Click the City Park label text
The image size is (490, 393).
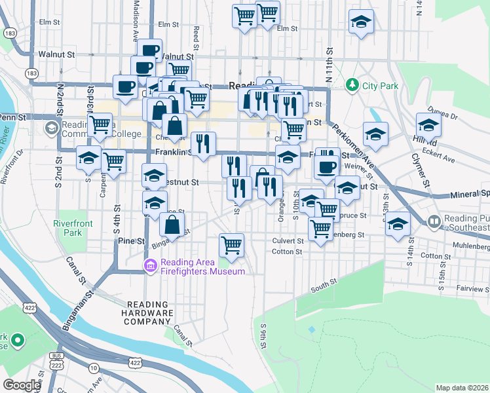pos(380,85)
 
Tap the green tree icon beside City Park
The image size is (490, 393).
pos(352,85)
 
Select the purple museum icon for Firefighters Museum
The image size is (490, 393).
pos(151,266)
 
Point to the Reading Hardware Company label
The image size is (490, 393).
pos(149,312)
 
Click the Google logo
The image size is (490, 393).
pos(22,385)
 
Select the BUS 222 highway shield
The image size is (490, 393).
pos(56,360)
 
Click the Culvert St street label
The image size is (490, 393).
pos(288,240)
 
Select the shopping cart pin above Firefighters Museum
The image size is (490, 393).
pos(231,246)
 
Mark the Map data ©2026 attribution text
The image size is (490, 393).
pos(462,388)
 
